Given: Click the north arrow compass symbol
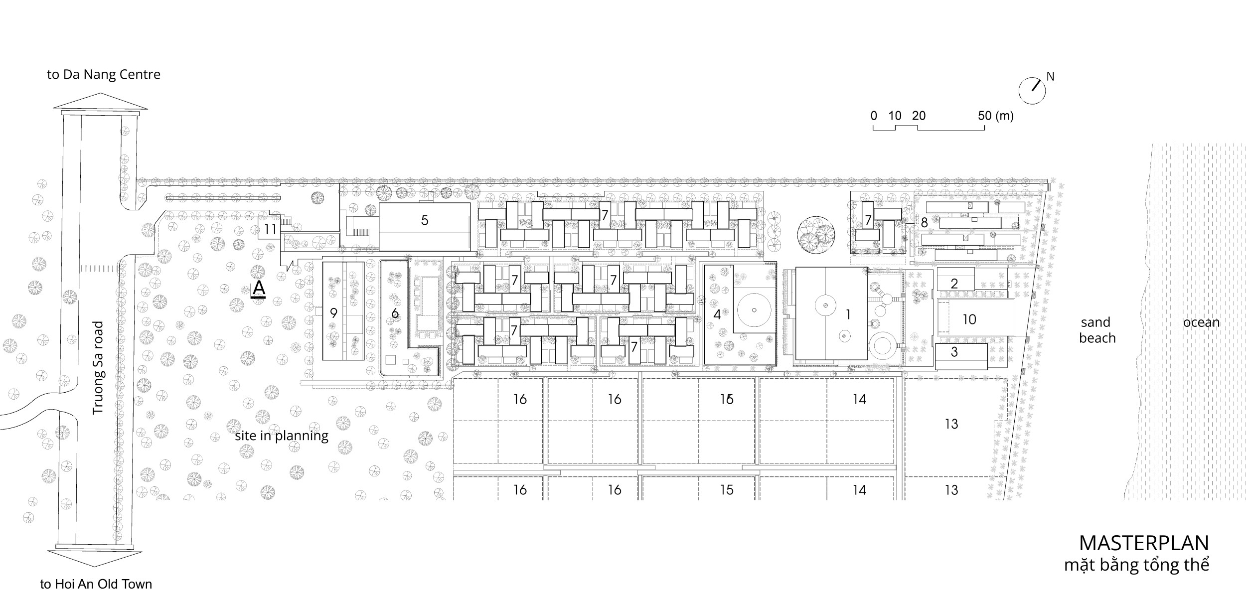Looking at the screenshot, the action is click(x=1032, y=91).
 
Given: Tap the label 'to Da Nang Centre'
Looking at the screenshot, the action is click(x=104, y=75).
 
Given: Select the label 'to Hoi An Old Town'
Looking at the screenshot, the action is click(x=96, y=584).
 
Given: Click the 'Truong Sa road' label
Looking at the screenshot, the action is click(x=98, y=368).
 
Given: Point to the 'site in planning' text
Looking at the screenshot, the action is click(x=282, y=436).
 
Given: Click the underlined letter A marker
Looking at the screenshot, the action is click(x=259, y=289).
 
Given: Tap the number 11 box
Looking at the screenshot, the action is click(x=270, y=230).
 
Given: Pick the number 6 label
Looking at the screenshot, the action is click(x=395, y=313).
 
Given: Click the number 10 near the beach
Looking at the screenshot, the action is click(x=969, y=319).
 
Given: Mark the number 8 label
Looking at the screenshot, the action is click(x=925, y=223).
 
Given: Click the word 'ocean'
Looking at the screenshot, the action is click(x=1202, y=323).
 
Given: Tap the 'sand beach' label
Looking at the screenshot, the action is click(x=1097, y=330).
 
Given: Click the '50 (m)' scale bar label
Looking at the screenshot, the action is click(x=995, y=116).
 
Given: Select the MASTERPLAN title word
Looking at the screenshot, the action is click(x=1144, y=543).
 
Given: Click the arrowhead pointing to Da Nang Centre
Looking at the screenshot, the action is click(x=101, y=101).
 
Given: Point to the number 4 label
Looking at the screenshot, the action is click(x=717, y=314).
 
